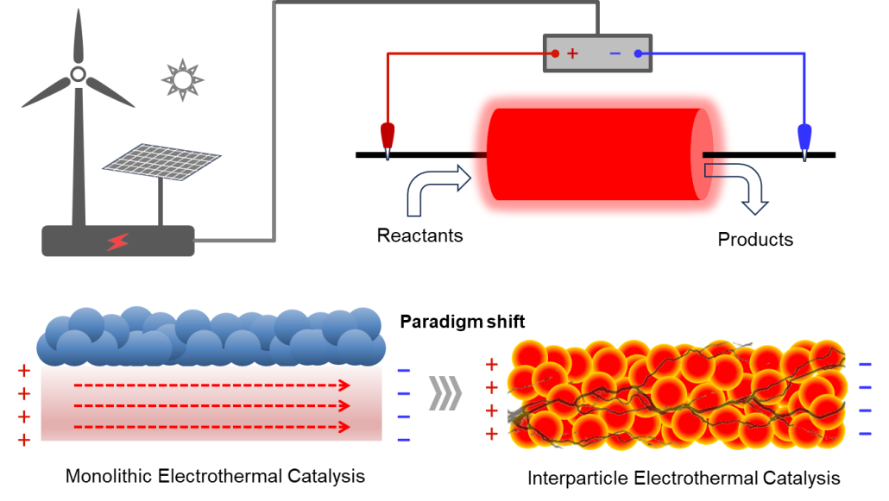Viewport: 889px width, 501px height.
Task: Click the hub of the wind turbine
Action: click(x=78, y=74)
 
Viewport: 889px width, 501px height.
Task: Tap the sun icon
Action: click(x=182, y=80)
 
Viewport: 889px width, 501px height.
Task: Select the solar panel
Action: click(x=161, y=161)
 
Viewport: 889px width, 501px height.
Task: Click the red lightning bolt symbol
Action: click(x=117, y=242)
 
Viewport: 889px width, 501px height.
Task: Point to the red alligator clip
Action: click(x=388, y=137)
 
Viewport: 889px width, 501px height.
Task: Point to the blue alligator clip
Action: click(x=804, y=138)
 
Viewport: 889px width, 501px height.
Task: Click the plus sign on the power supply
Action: click(x=572, y=53)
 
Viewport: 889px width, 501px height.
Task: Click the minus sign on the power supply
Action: click(x=615, y=53)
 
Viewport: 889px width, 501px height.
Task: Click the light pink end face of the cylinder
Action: click(x=703, y=153)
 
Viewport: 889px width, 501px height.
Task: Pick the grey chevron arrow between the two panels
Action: click(x=444, y=393)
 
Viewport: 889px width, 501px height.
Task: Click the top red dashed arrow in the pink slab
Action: click(x=211, y=385)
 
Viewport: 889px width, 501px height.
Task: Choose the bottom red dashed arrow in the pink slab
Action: click(x=211, y=427)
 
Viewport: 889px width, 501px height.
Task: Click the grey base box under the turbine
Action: click(x=118, y=241)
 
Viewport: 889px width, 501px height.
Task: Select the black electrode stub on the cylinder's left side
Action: click(x=476, y=155)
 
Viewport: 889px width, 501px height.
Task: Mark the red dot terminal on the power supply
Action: click(x=555, y=53)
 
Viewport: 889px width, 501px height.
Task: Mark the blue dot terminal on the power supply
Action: click(x=638, y=53)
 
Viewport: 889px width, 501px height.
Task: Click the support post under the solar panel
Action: click(x=161, y=203)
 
